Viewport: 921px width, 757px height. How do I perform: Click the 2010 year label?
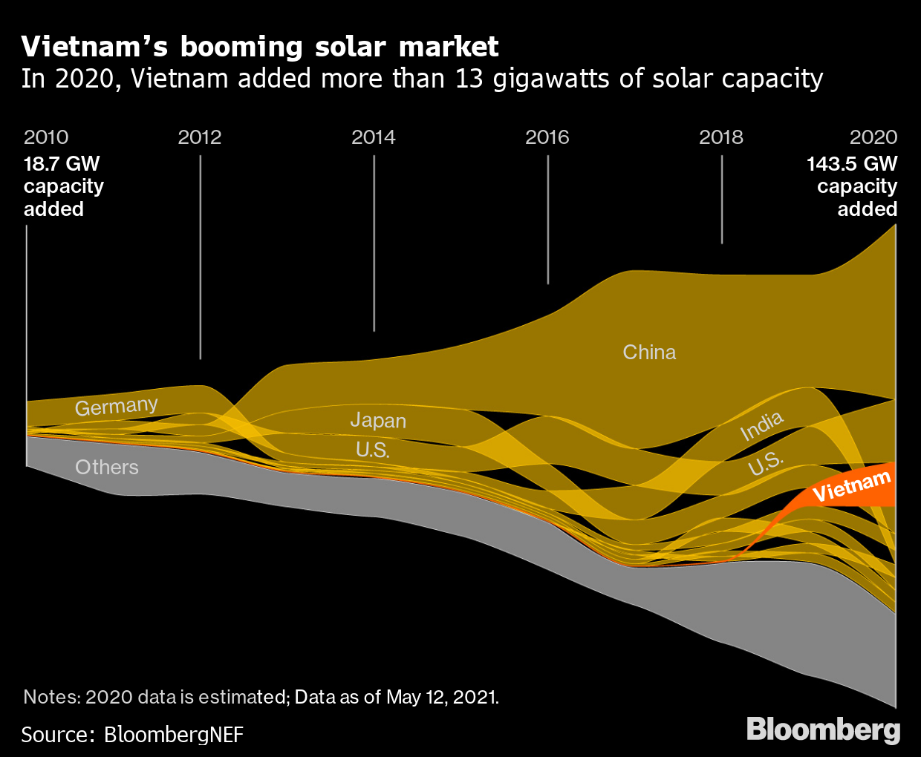click(46, 137)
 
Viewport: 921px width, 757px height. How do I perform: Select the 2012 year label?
click(200, 137)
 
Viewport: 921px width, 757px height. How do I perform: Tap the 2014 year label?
click(374, 137)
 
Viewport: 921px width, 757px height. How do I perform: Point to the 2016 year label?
click(547, 137)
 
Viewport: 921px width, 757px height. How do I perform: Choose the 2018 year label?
click(721, 137)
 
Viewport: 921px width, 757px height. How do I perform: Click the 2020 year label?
click(873, 137)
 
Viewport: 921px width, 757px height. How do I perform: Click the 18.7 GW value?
click(62, 164)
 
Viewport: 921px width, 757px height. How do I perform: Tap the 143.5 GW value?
click(852, 164)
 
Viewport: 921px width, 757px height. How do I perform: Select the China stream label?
click(649, 352)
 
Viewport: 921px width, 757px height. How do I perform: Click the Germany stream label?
click(117, 407)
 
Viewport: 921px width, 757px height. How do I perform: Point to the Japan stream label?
click(378, 421)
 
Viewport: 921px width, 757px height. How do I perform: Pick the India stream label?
click(762, 426)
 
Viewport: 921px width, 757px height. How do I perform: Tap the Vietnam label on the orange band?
click(851, 487)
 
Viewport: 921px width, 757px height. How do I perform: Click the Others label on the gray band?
click(107, 468)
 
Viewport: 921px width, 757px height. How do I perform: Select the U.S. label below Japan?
click(373, 450)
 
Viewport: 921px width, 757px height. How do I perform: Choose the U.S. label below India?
click(765, 463)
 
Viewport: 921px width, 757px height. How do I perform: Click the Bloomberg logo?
click(823, 729)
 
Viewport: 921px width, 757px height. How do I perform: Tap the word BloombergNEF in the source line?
click(174, 735)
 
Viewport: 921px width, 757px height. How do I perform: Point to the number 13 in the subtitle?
click(469, 79)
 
